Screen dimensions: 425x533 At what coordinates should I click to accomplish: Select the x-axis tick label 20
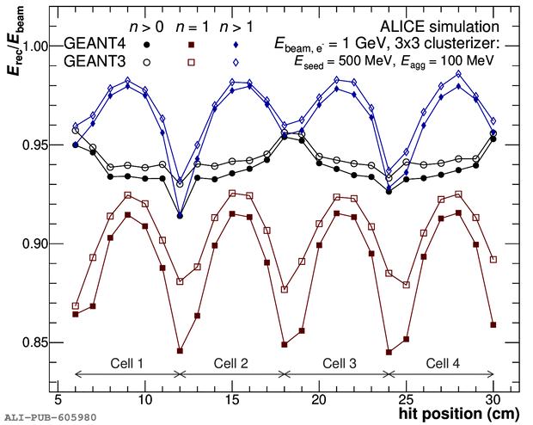(x=318, y=401)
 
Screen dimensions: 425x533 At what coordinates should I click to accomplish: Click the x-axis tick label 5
(x=58, y=401)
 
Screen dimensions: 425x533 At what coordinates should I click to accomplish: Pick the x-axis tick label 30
(x=492, y=401)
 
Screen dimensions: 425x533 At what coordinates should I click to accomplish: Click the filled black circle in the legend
(x=148, y=44)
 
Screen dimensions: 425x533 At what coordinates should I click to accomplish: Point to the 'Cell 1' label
(x=127, y=362)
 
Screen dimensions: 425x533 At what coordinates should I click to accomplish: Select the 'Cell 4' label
(x=442, y=362)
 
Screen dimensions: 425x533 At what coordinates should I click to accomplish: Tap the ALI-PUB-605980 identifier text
(x=49, y=417)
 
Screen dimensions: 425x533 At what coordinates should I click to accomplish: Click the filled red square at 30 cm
(x=493, y=325)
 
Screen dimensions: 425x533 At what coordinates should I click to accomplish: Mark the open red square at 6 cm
(x=76, y=305)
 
